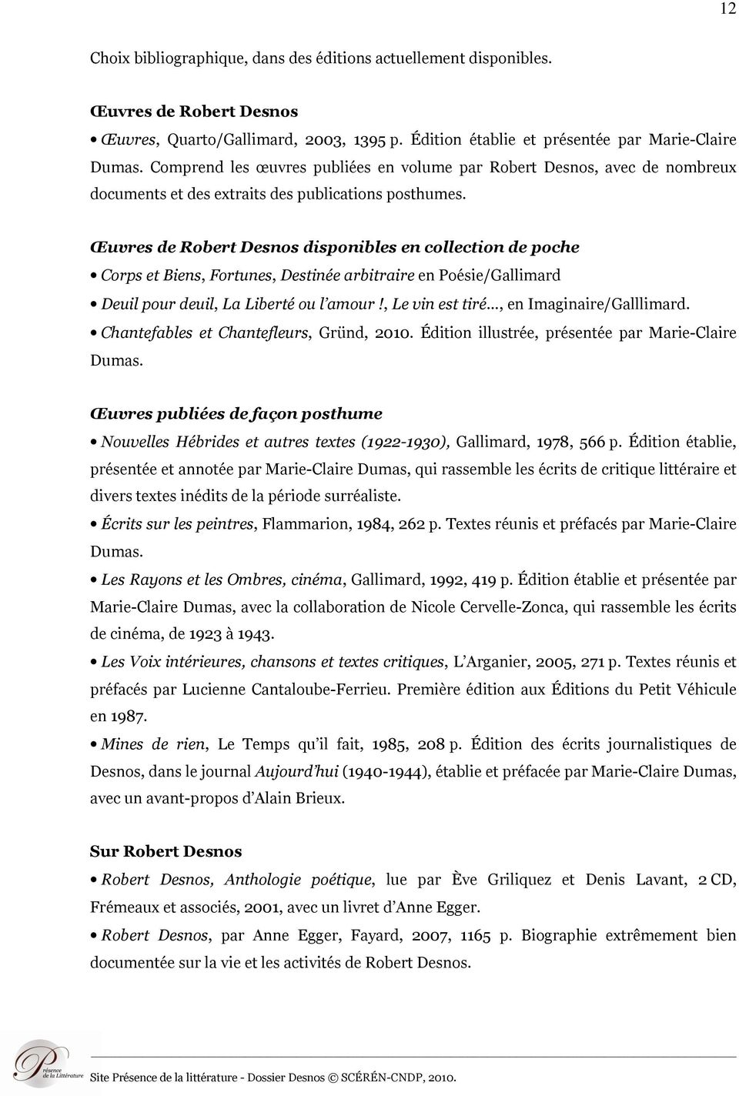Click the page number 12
[x=727, y=8]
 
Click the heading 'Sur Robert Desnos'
[x=166, y=851]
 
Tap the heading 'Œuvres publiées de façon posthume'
[x=236, y=413]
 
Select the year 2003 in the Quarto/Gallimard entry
[x=324, y=139]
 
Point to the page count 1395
[x=369, y=139]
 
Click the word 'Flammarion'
[x=304, y=524]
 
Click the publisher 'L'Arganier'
[x=492, y=661]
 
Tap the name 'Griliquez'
[x=508, y=879]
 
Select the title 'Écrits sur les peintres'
[x=177, y=524]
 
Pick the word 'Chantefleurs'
[x=263, y=332]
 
